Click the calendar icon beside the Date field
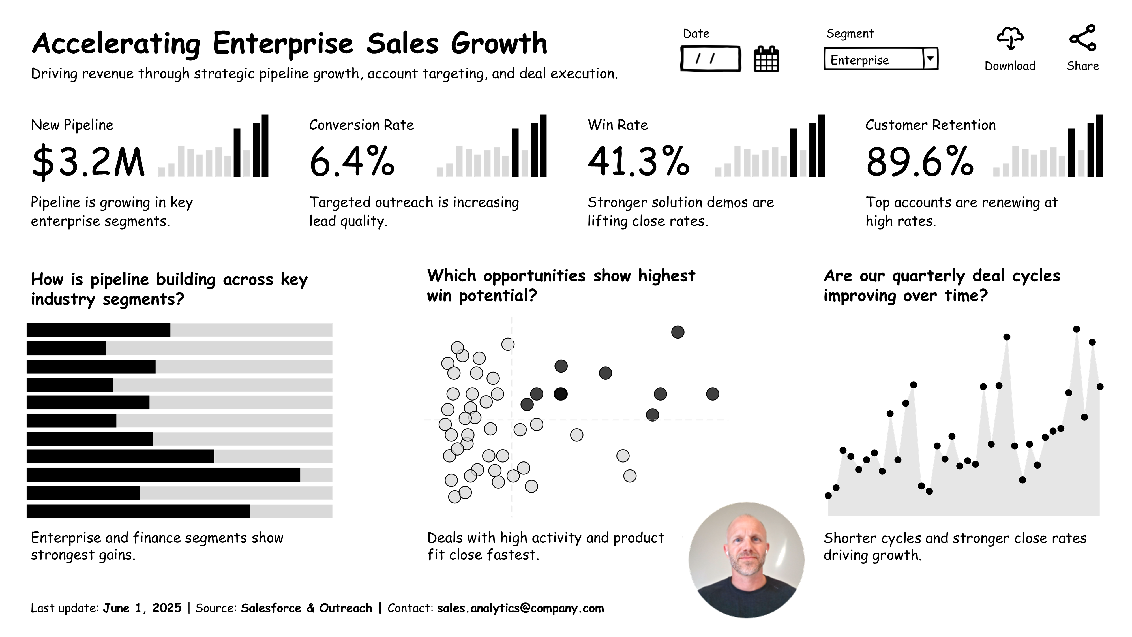pos(766,59)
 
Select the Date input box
pos(710,59)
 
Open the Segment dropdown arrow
pos(930,59)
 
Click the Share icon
pos(1083,38)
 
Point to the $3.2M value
pos(88,162)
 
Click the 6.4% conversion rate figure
pos(351,162)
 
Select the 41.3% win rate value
pos(638,162)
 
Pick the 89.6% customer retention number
pos(919,162)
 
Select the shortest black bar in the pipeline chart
pos(66,348)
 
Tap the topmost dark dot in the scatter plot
pos(678,332)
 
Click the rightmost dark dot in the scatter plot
pos(712,394)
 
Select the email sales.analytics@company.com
pos(520,608)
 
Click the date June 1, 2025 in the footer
pos(142,608)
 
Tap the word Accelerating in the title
pos(116,44)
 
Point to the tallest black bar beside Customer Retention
pos(1099,146)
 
